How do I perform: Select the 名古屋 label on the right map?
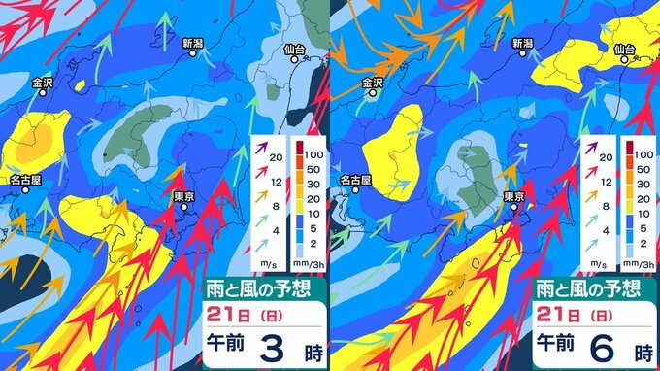click(357, 180)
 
